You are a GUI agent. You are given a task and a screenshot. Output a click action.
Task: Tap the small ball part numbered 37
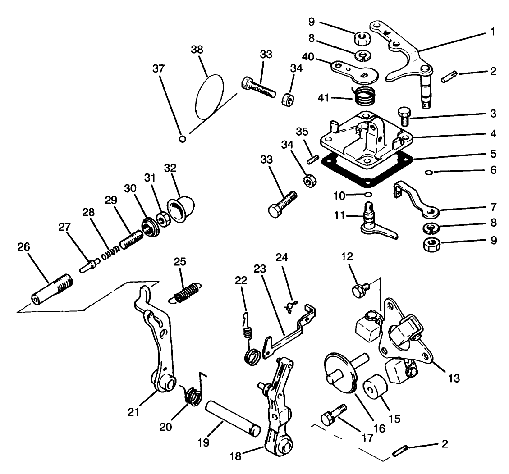[x=183, y=138]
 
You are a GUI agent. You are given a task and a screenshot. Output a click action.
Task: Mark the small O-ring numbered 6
[x=431, y=172]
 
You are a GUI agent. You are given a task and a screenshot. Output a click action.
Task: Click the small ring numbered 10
[x=367, y=194]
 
